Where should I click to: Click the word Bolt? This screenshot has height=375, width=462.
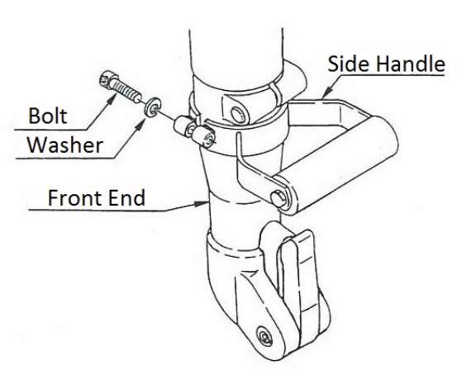48,116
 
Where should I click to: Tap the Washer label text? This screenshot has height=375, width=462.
64,145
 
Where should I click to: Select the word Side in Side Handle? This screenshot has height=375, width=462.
349,64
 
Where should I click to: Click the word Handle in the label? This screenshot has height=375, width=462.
410,64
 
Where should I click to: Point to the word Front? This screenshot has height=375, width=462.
75,197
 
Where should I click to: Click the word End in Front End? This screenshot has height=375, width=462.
127,197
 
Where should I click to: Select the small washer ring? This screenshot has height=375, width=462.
152,107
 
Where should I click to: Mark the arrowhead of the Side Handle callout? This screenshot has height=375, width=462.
326,92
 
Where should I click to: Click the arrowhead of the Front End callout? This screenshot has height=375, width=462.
202,203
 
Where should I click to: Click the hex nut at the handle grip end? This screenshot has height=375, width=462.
279,199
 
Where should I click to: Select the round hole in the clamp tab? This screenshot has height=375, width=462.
237,115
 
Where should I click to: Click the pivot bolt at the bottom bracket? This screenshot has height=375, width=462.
264,336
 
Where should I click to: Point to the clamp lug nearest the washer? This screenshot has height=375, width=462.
183,126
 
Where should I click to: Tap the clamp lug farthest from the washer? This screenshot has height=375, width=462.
204,136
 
